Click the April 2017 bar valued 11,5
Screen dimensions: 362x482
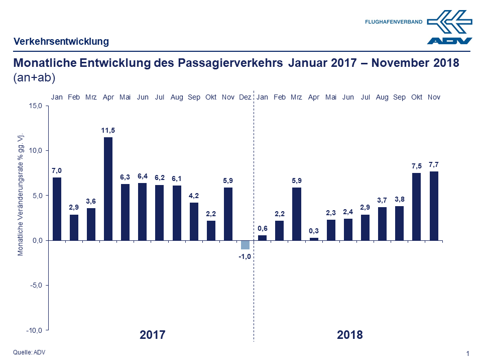coord(108,189)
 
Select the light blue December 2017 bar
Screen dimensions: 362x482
coord(245,245)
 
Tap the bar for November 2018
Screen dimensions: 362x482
coord(434,206)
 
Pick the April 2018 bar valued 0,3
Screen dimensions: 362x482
coord(314,239)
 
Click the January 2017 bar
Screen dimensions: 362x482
coord(57,209)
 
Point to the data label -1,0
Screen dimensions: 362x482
coord(245,257)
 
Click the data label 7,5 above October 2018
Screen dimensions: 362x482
coord(417,166)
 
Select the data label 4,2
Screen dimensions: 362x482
coord(194,196)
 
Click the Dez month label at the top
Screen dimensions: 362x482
coord(245,97)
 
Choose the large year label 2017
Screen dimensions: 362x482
coord(152,335)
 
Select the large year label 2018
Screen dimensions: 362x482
coord(349,335)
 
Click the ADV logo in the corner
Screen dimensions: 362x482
coord(449,28)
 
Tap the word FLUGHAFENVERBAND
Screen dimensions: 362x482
coord(394,22)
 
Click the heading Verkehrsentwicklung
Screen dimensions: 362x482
coord(61,41)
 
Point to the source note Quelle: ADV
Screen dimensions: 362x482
coord(29,352)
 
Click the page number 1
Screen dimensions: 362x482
coord(468,354)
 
